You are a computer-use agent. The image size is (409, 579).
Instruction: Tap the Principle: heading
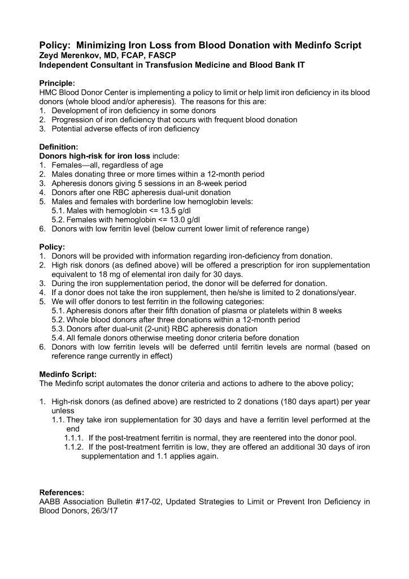(56, 83)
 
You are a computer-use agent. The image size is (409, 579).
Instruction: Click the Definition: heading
(58, 146)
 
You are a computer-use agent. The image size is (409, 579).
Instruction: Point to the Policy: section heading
(52, 247)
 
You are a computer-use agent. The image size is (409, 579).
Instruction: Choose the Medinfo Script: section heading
(68, 374)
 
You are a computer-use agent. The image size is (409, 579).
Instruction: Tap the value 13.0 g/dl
(158, 220)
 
